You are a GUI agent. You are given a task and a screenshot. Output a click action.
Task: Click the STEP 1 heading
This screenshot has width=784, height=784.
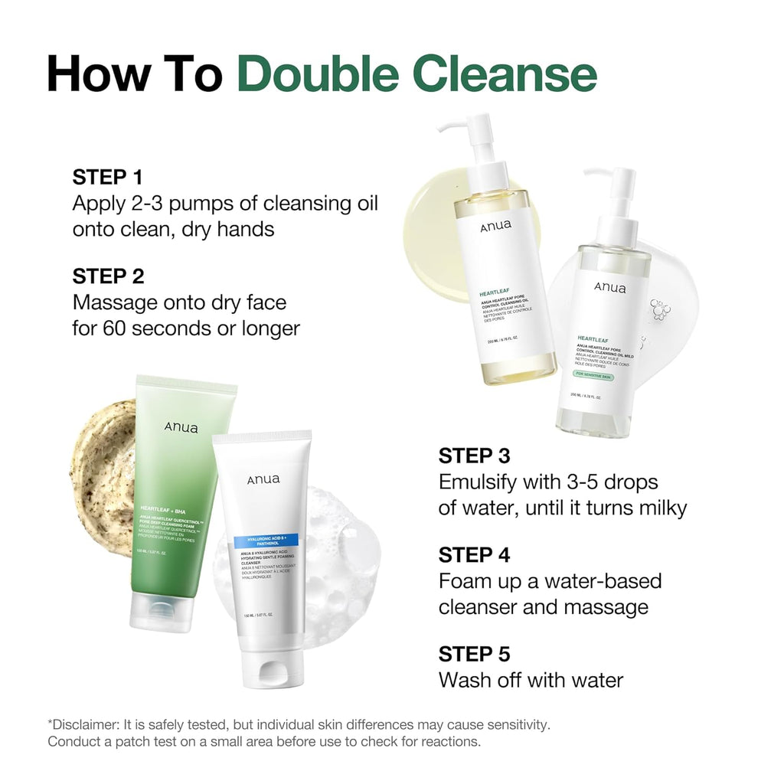pyautogui.click(x=107, y=178)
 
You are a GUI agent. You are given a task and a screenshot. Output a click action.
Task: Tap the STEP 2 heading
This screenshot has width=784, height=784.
pyautogui.click(x=108, y=276)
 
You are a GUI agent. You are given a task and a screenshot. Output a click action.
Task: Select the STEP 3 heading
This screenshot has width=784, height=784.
pyautogui.click(x=474, y=456)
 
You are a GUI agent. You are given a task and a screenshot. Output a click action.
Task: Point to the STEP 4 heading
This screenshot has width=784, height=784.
pyautogui.click(x=474, y=554)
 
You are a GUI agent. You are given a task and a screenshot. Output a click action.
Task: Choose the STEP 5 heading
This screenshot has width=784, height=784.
pyautogui.click(x=474, y=654)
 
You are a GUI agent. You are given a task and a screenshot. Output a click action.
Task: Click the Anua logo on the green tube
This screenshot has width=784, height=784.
pyautogui.click(x=181, y=427)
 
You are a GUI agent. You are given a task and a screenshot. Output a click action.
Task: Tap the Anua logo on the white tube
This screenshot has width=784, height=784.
pyautogui.click(x=263, y=479)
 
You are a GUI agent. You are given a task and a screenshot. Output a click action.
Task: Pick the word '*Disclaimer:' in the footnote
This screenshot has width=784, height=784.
pyautogui.click(x=81, y=724)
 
